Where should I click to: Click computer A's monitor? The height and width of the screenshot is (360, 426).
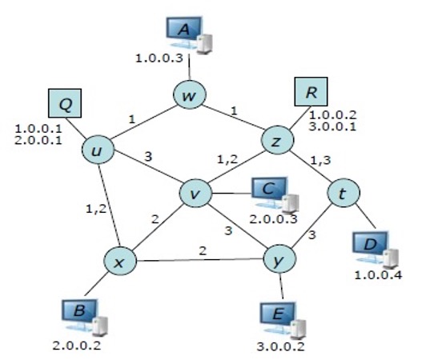(183, 31)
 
